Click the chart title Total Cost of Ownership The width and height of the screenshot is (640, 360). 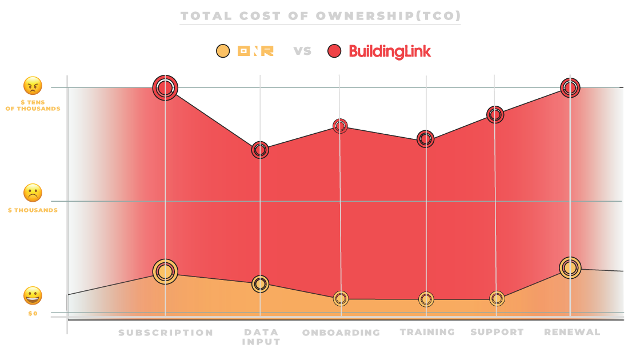(x=320, y=16)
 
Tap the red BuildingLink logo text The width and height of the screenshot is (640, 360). (x=390, y=51)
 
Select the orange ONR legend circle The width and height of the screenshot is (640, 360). (x=223, y=51)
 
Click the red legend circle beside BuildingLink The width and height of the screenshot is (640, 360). (x=334, y=51)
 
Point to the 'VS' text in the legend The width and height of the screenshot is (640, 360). (x=302, y=51)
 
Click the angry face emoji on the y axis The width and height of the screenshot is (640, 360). (x=33, y=86)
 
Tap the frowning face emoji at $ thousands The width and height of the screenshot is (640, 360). (x=33, y=193)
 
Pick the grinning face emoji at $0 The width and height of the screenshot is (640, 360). (x=33, y=296)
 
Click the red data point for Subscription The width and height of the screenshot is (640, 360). (x=165, y=88)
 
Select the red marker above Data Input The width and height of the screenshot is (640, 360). (x=260, y=150)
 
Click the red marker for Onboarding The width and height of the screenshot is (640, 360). (x=340, y=126)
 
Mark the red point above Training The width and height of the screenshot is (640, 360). (x=425, y=139)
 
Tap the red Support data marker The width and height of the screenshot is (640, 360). (x=495, y=115)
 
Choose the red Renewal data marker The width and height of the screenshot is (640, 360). (x=570, y=87)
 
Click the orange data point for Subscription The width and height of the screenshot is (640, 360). (x=165, y=271)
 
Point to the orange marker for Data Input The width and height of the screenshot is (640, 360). (x=260, y=283)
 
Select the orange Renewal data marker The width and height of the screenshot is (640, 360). (x=570, y=267)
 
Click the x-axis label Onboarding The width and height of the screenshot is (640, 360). (x=341, y=333)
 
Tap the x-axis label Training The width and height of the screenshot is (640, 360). (x=427, y=332)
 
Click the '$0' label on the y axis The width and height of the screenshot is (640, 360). (x=33, y=314)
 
